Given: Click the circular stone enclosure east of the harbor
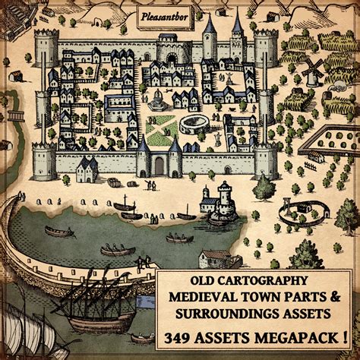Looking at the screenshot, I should (x=298, y=213).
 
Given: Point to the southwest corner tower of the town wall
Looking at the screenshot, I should (x=44, y=159).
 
